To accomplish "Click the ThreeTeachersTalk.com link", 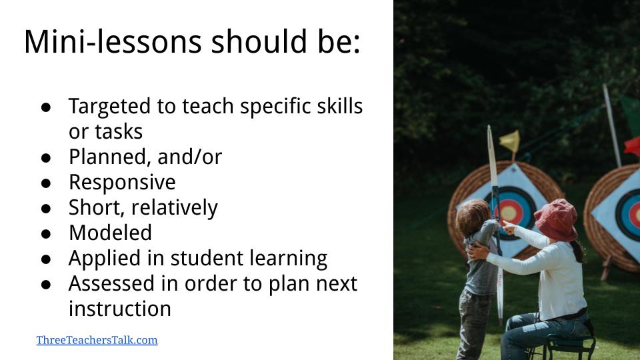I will [97, 340].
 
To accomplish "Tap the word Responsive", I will [122, 182].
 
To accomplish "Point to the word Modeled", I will [110, 233].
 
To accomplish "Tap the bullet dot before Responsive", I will [46, 183].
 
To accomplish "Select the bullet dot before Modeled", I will [46, 233].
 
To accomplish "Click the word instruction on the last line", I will [120, 309].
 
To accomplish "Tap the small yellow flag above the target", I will [510, 141].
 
